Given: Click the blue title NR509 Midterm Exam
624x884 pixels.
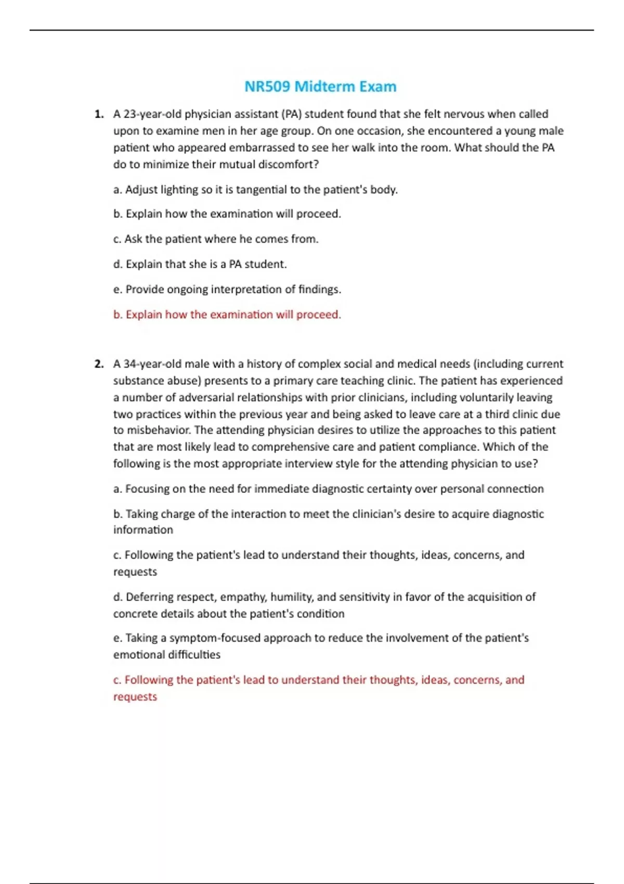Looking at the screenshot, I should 320,86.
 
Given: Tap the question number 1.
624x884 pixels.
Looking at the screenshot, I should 99,114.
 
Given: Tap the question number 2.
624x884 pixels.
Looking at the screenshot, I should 99,364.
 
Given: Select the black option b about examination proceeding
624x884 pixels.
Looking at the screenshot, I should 227,214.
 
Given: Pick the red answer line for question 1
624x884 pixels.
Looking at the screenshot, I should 227,315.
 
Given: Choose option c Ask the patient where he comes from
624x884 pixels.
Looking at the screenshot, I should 216,239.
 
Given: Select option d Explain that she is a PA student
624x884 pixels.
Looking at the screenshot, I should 200,264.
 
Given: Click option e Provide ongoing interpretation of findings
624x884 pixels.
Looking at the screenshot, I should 227,289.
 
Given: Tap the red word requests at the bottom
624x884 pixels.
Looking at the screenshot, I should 135,697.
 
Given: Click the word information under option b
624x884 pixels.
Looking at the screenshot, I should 143,530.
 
